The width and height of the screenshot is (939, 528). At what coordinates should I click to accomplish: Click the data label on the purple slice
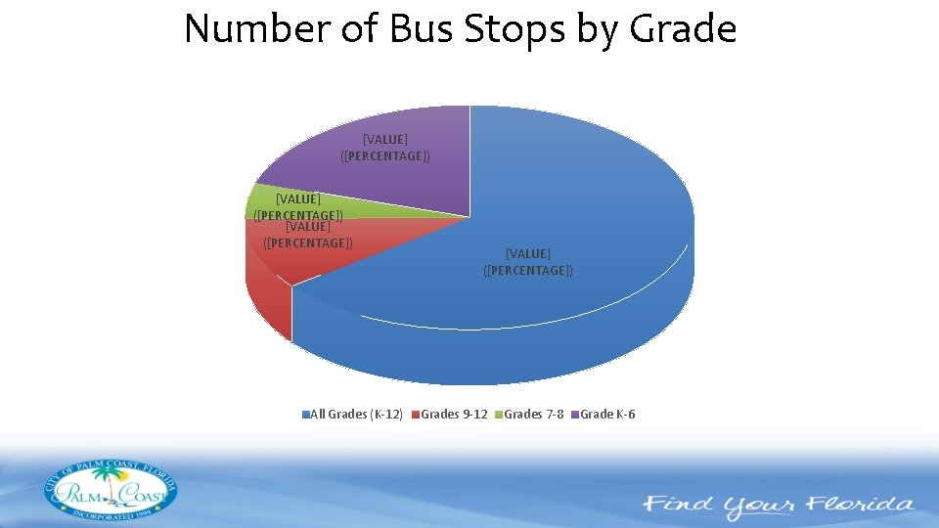pyautogui.click(x=385, y=148)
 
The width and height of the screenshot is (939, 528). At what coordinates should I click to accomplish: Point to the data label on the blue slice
pyautogui.click(x=528, y=262)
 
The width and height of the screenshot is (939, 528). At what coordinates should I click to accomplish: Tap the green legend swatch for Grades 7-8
pyautogui.click(x=499, y=415)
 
